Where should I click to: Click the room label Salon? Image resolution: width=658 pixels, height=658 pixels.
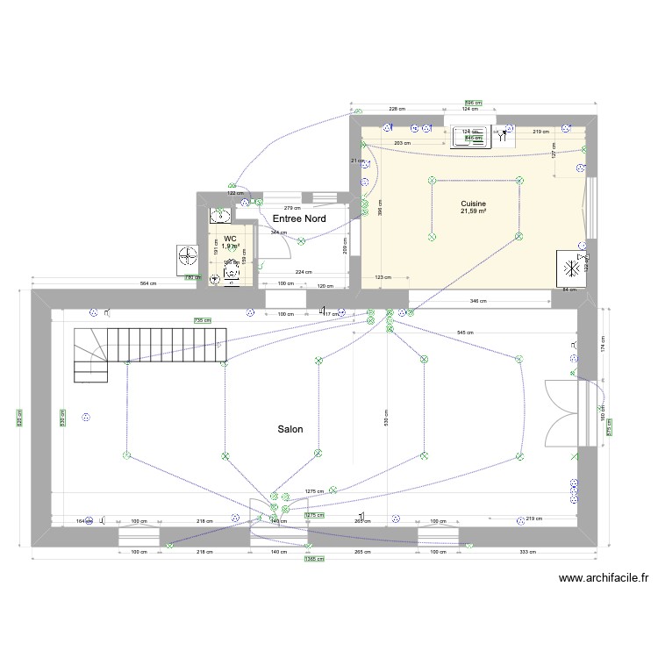point(290,429)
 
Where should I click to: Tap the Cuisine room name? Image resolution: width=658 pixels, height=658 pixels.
point(474,203)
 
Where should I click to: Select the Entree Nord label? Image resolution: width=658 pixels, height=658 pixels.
point(299,218)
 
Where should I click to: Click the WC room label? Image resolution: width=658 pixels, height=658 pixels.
point(230,238)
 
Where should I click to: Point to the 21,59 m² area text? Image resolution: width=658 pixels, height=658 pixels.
point(474,211)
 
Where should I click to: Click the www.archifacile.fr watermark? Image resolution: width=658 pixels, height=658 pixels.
point(603,578)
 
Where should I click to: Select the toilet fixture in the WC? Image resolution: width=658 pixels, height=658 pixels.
point(231,275)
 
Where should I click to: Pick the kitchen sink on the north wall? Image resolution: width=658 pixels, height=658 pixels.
point(471,135)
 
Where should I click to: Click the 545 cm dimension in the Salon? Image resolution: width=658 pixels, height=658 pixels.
point(465,333)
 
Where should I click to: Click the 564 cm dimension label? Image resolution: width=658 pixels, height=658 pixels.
point(148,284)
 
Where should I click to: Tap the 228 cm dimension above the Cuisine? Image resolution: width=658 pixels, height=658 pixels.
point(397,109)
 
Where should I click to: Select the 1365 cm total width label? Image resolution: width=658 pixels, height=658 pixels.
point(311,559)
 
